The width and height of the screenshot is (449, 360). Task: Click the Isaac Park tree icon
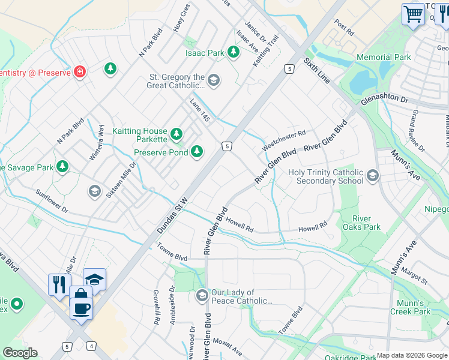pyautogui.click(x=234, y=53)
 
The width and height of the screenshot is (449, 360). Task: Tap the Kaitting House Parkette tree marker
pyautogui.click(x=176, y=133)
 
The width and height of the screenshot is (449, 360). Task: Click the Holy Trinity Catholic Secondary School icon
pyautogui.click(x=373, y=176)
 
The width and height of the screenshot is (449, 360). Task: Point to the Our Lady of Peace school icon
pyautogui.click(x=202, y=296)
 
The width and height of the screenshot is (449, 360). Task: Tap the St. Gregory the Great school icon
pyautogui.click(x=214, y=80)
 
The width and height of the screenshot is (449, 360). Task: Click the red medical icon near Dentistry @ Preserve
pyautogui.click(x=79, y=72)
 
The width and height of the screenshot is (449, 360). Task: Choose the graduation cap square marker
pyautogui.click(x=94, y=280)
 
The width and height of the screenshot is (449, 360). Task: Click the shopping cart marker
pyautogui.click(x=413, y=14)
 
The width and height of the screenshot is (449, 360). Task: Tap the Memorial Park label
pyautogui.click(x=384, y=58)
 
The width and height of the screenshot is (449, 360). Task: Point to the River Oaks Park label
pyautogui.click(x=361, y=223)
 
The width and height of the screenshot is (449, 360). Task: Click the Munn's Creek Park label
pyautogui.click(x=414, y=307)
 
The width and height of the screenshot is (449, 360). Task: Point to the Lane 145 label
pyautogui.click(x=200, y=111)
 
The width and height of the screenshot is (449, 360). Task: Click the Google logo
pyautogui.click(x=20, y=353)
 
